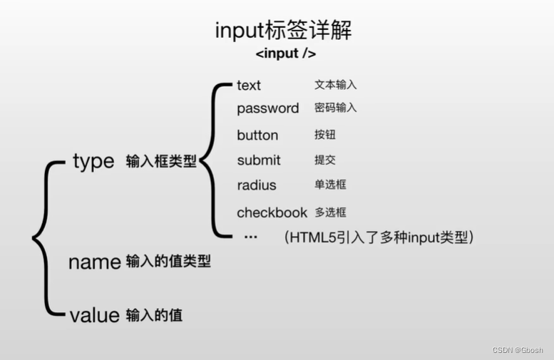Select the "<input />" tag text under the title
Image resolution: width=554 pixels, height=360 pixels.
(285, 54)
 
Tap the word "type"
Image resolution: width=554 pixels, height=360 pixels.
(93, 161)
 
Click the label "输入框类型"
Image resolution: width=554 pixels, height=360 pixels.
(161, 162)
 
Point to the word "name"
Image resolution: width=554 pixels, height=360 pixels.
(94, 262)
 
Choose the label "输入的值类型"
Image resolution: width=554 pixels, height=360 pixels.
(168, 262)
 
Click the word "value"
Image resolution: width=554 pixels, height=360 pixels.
(94, 315)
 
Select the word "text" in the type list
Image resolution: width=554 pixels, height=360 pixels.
(249, 86)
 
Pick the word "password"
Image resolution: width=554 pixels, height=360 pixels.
(267, 108)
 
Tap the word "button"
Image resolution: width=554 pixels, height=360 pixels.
(257, 135)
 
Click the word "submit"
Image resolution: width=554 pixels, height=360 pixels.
(259, 160)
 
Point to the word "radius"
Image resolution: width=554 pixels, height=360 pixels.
(257, 185)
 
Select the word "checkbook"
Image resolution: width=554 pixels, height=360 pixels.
(272, 212)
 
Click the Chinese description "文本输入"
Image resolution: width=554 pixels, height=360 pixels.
(335, 85)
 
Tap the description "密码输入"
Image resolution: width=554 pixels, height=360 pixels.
(335, 108)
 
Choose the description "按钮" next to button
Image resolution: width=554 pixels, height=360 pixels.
(324, 135)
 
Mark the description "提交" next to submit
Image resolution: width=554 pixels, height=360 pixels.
(324, 160)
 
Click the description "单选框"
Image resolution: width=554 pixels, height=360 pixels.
(330, 185)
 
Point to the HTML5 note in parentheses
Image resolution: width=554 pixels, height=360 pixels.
(379, 237)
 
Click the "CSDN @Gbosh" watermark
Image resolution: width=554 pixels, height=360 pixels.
(518, 350)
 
